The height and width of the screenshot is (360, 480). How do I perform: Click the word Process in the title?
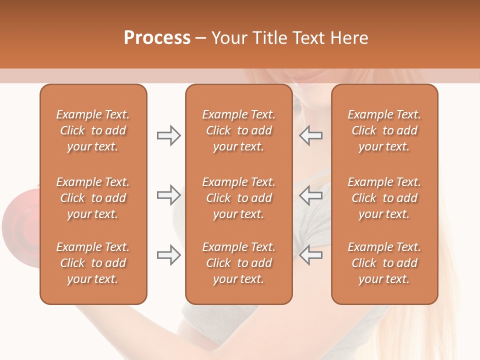157,38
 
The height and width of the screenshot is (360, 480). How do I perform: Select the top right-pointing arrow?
168,135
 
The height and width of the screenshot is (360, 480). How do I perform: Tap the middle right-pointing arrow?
168,195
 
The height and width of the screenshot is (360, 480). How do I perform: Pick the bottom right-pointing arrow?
168,255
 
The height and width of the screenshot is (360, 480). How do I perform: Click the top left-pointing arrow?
310,135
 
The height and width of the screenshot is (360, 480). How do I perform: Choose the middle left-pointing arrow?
310,195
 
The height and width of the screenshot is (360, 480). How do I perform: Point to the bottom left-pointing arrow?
310,255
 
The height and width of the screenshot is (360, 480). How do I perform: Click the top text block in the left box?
93,130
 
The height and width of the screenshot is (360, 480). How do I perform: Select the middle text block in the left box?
93,198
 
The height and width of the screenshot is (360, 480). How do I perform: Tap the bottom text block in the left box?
93,263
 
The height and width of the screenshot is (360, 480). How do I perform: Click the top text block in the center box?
238,130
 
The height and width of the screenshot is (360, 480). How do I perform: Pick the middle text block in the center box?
238,198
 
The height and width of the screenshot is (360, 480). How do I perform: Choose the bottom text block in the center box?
238,263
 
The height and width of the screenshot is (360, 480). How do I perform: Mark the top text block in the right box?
384,130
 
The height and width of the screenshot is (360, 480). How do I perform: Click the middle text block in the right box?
384,198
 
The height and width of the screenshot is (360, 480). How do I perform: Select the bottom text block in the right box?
384,263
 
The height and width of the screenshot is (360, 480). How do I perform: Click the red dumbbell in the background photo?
20,220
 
